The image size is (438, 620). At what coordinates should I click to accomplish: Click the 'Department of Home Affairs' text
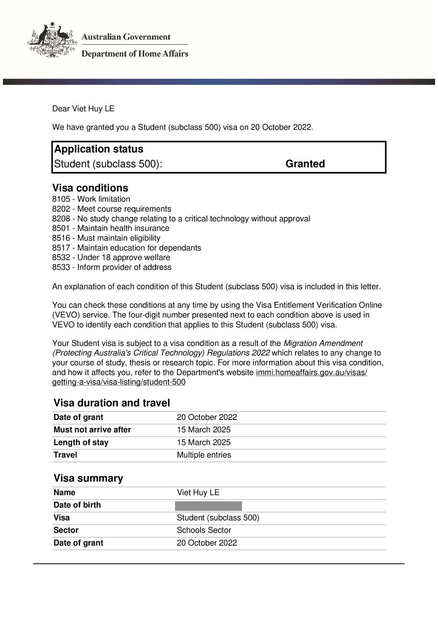click(135, 54)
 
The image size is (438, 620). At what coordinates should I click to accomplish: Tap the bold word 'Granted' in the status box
click(305, 164)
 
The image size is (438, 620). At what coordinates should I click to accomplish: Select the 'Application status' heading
click(99, 149)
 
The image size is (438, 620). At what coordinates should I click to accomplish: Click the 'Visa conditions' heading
click(90, 188)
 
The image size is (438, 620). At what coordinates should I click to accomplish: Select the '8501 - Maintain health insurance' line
click(111, 229)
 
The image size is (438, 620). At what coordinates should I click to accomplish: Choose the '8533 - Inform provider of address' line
click(111, 267)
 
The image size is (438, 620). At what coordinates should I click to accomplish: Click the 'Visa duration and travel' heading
click(112, 403)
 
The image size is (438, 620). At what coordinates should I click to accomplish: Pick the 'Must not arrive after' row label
click(92, 430)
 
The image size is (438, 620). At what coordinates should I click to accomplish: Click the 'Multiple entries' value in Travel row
click(204, 455)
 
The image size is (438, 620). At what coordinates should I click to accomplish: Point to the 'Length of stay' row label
click(81, 443)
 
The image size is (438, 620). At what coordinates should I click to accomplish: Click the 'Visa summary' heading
click(88, 479)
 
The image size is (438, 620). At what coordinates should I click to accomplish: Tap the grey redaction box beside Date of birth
click(208, 506)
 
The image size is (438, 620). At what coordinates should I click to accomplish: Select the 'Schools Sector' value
click(204, 530)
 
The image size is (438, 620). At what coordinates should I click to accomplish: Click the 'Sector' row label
click(66, 530)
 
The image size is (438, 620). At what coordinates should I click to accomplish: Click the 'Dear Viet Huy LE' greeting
click(83, 109)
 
